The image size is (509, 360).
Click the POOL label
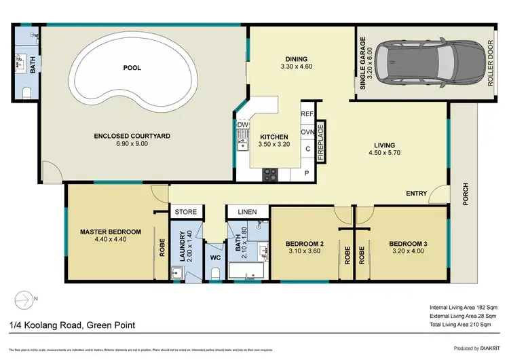point(132,69)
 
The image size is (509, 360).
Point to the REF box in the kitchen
point(307,115)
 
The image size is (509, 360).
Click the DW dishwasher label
point(242,125)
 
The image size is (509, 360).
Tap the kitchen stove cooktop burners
point(269,175)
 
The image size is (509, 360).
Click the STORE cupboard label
point(186,213)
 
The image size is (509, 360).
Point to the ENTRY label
point(417,194)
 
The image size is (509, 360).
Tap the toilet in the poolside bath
point(27,92)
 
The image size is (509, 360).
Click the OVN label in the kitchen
point(307,131)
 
